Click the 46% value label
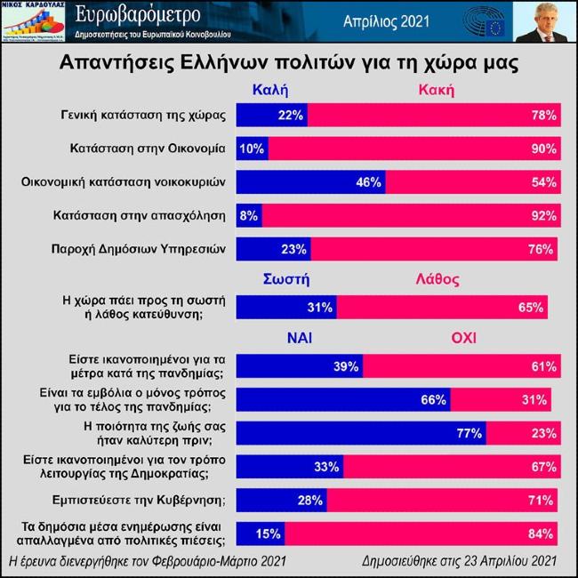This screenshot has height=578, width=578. coord(368,182)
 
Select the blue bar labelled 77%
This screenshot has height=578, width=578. coord(359,434)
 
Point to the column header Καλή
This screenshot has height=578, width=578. coord(270,90)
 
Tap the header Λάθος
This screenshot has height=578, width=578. coord(438,280)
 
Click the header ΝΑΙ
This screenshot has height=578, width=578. coord(299,339)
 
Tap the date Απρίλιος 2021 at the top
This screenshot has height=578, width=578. coord(380,22)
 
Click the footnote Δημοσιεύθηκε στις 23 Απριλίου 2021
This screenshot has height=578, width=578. coord(460,561)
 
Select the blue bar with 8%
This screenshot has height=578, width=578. coord(248,216)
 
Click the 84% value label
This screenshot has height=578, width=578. coord(542,534)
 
